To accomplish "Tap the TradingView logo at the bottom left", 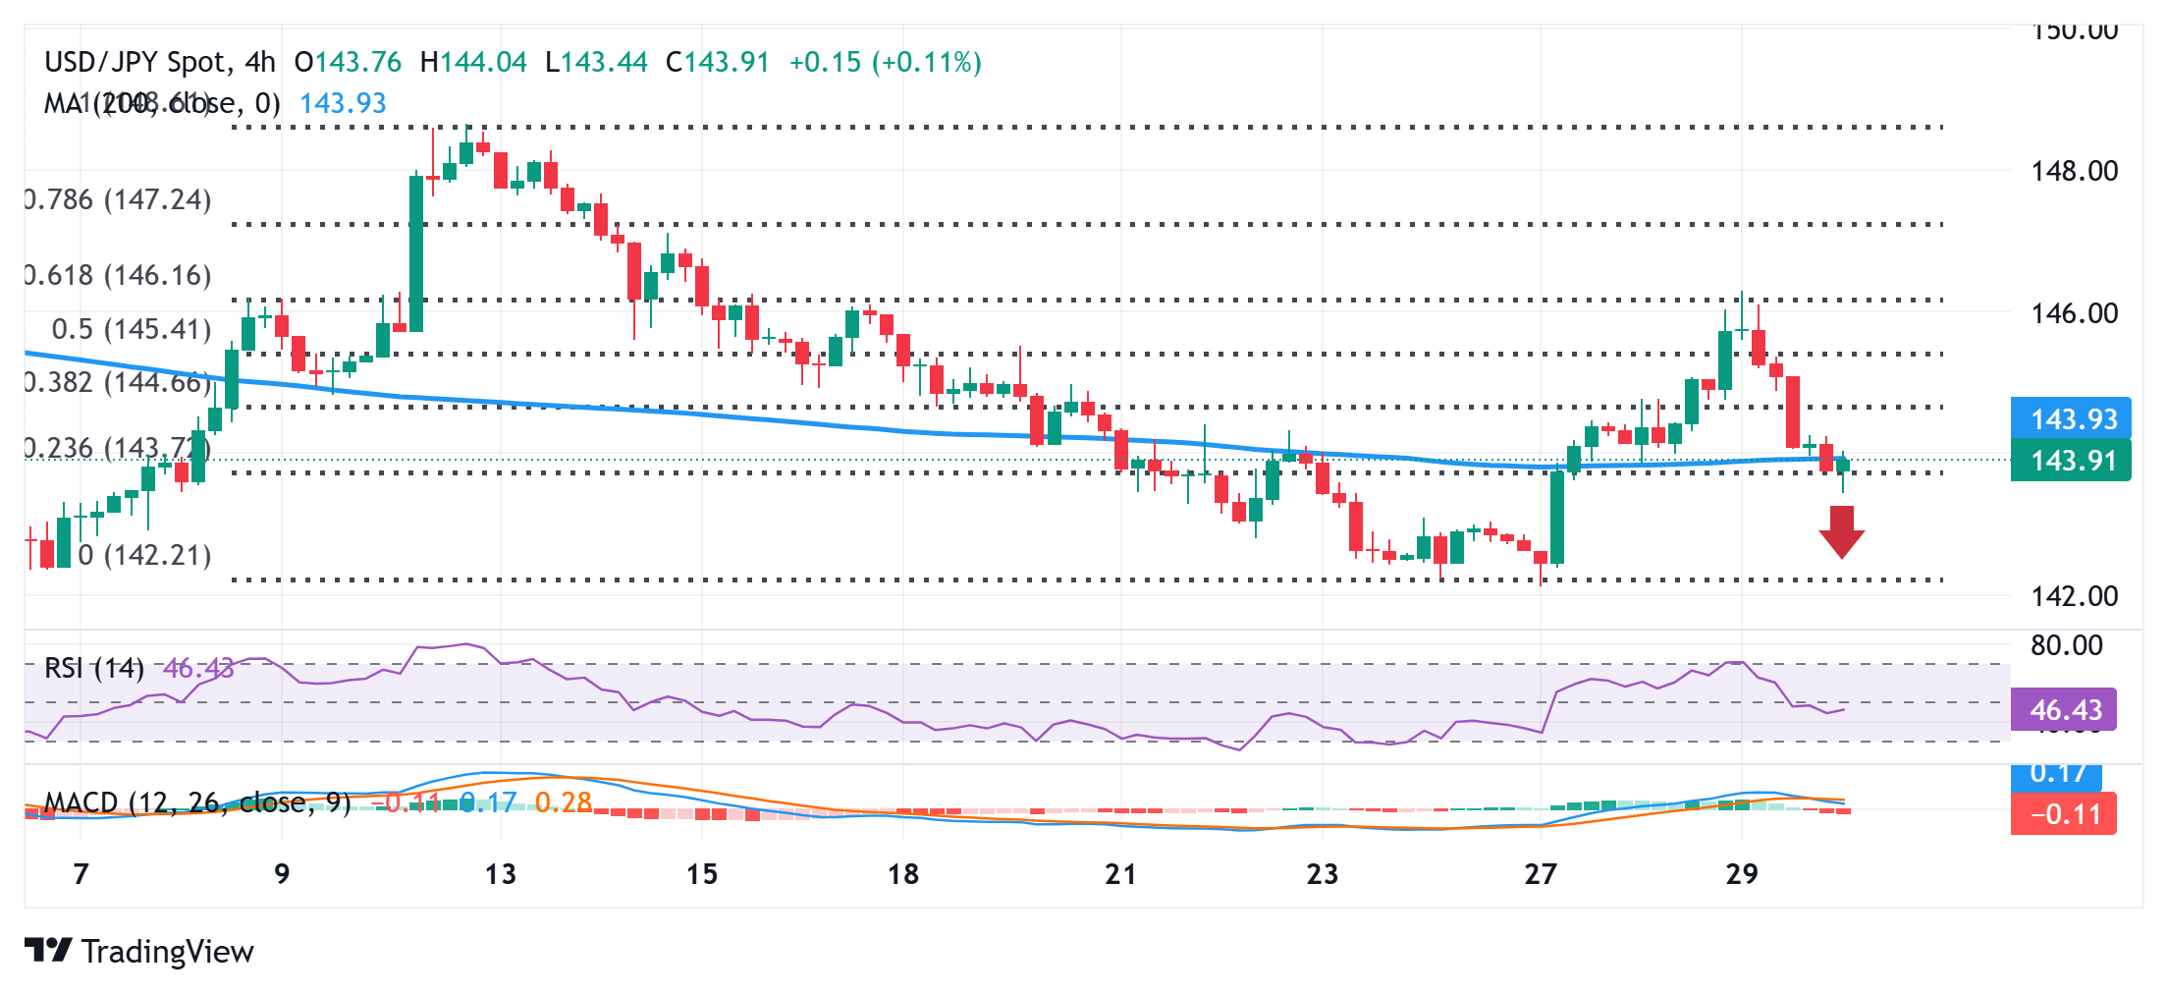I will [x=139, y=951].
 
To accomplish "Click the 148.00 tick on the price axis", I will [x=2074, y=171].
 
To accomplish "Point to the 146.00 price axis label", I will [x=2074, y=313].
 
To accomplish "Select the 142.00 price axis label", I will [x=2074, y=595].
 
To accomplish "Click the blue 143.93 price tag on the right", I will [x=2072, y=419].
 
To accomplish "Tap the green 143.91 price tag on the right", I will [x=2072, y=461].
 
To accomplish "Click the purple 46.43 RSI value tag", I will [x=2065, y=710].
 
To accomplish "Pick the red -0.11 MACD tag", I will [x=2065, y=814].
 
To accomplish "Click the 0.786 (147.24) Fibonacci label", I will [x=118, y=200].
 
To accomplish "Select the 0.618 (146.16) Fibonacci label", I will [x=118, y=275].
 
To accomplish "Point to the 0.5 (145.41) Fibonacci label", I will [x=131, y=329].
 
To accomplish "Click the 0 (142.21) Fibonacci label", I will [x=144, y=555].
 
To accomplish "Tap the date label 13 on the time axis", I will [x=500, y=873].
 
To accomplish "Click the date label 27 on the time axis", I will [x=1540, y=873].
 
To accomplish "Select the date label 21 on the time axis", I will [x=1120, y=873].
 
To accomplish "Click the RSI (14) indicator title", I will [x=93, y=669].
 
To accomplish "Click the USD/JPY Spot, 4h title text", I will [x=160, y=62].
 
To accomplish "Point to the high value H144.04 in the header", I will [x=473, y=62].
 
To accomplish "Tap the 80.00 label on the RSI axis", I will [x=2066, y=645].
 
